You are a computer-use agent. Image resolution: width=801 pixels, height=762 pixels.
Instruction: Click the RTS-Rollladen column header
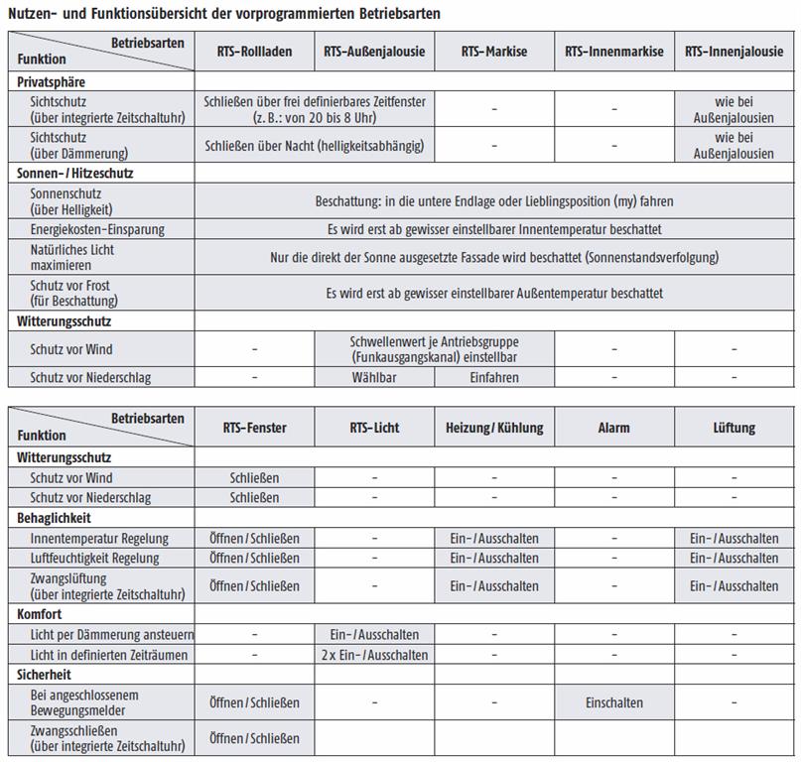coord(255,52)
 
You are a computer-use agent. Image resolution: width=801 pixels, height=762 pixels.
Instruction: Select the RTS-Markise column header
coord(494,52)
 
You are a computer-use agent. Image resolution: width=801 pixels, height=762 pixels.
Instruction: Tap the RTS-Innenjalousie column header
coord(734,52)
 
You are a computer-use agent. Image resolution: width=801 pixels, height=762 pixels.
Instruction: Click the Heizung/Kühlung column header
coord(494,428)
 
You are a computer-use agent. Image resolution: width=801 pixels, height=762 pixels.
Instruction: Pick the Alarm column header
coord(613,428)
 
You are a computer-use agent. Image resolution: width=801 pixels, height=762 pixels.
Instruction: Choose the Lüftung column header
coord(734,428)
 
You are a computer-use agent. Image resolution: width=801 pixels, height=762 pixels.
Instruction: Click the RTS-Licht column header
coord(374,428)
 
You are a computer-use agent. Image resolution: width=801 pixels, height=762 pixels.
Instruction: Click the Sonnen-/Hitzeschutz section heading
coord(75,173)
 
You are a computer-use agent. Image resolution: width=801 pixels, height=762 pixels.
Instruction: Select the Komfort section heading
coord(41,615)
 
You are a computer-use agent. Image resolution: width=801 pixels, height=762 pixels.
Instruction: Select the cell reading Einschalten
coord(613,702)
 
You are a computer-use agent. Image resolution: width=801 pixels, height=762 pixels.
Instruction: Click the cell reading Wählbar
coord(374,377)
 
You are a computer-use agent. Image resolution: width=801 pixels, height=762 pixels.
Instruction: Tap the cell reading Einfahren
coord(494,377)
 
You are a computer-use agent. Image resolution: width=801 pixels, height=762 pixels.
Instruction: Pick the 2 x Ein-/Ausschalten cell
coord(374,655)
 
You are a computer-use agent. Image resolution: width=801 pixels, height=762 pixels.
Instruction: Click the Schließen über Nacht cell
coord(314,146)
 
